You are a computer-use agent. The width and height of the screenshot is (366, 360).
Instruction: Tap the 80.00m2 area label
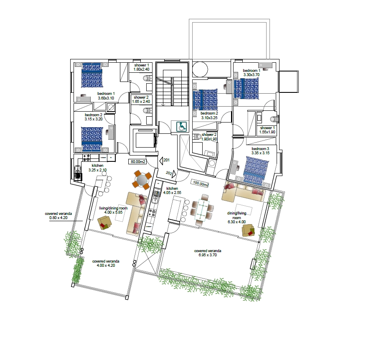click(x=138, y=161)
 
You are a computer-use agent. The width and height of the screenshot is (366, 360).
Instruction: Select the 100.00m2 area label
click(x=200, y=184)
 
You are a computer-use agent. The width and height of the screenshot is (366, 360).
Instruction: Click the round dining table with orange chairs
click(x=142, y=180)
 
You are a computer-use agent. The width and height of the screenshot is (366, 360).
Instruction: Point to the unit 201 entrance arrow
click(x=161, y=161)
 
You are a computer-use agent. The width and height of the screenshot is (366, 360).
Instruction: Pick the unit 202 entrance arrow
click(x=174, y=174)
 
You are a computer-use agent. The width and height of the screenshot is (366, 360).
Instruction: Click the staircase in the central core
click(x=172, y=91)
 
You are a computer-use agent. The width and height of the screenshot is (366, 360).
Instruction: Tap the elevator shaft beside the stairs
click(x=144, y=140)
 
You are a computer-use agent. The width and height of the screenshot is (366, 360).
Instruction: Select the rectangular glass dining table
click(x=202, y=209)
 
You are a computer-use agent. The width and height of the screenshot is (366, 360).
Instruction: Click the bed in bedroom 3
click(x=255, y=170)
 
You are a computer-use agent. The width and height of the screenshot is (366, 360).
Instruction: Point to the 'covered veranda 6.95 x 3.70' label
click(x=208, y=253)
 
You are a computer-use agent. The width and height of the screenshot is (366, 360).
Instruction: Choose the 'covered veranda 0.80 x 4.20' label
click(x=58, y=216)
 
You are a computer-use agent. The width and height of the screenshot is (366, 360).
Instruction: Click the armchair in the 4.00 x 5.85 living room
click(x=104, y=222)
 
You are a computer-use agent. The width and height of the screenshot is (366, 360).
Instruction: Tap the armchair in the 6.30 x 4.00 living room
click(x=248, y=230)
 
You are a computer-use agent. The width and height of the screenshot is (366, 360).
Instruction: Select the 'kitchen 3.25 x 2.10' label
click(x=97, y=168)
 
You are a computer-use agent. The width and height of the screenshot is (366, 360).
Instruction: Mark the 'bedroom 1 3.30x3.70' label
click(x=252, y=72)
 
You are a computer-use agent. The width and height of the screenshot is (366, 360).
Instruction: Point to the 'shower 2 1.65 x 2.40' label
click(x=141, y=99)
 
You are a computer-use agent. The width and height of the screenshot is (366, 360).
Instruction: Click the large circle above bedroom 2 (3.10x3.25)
click(x=200, y=69)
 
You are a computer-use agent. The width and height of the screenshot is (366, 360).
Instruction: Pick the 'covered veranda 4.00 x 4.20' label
click(x=106, y=263)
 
